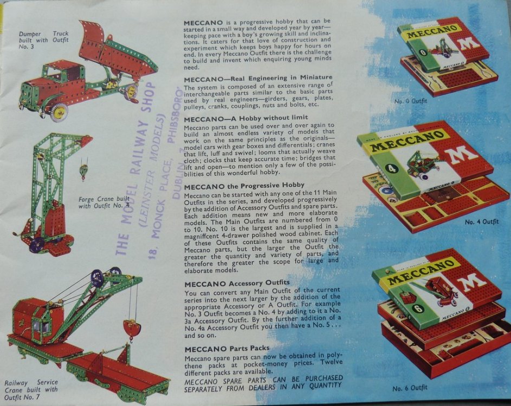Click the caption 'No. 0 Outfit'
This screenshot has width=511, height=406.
tap(410, 101)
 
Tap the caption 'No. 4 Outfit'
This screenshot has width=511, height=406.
tap(481, 222)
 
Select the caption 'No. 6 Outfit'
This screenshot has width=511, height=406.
tap(410, 388)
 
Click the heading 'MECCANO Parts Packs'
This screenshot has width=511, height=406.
tap(227, 349)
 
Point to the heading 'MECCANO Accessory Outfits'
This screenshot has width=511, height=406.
tap(237, 283)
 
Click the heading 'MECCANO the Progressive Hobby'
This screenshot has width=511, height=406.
tap(244, 186)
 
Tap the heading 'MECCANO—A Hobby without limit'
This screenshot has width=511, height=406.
tap(245, 118)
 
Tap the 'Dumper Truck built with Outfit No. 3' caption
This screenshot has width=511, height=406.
tap(44, 40)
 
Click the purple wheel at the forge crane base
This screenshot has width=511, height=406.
tap(37, 245)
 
